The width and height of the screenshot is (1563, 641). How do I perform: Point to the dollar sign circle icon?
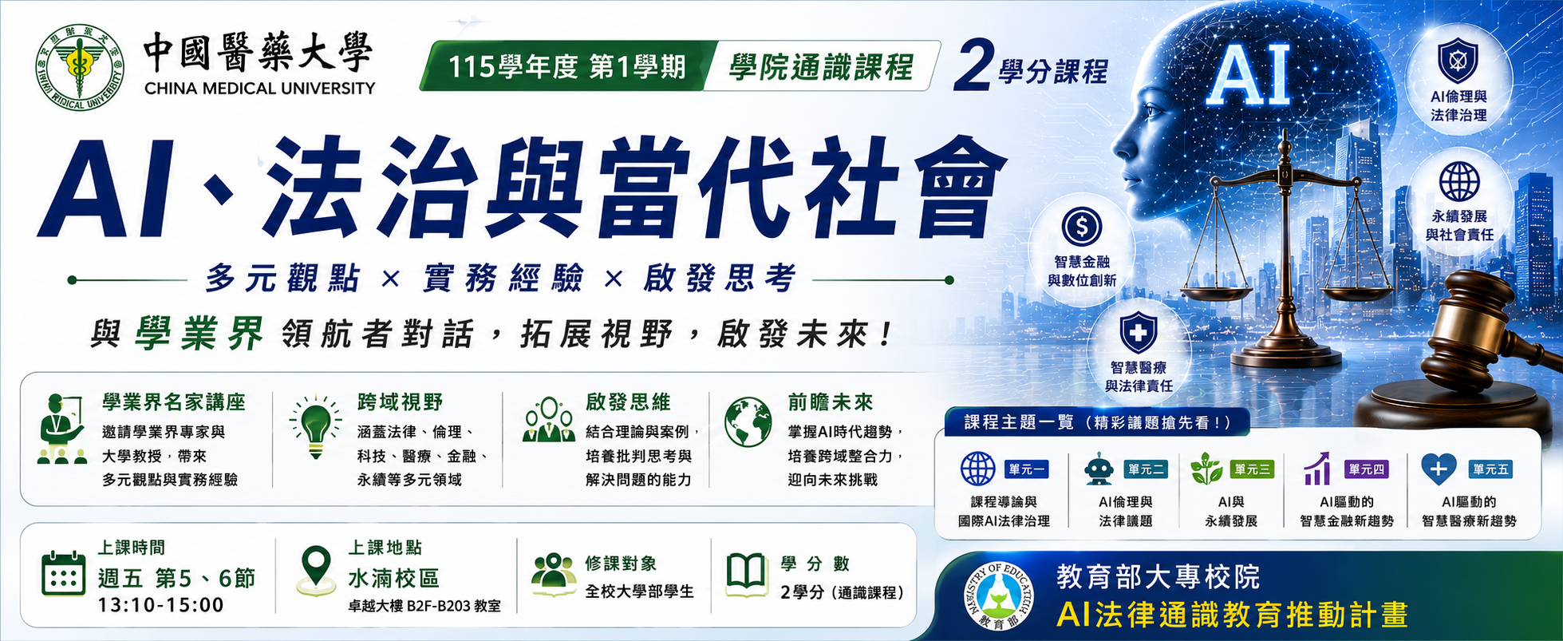[x=1082, y=227]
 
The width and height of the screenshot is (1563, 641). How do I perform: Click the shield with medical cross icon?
[x=1138, y=334]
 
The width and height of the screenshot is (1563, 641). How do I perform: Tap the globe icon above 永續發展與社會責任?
[x=1459, y=181]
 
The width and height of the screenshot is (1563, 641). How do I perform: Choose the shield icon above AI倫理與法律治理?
[x=1458, y=61]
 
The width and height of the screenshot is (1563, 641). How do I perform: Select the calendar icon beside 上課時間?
[x=63, y=573]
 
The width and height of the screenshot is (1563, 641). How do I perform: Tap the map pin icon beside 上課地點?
[x=317, y=570]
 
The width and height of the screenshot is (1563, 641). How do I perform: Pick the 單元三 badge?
[x=1252, y=470]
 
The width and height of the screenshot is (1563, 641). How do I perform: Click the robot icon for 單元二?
[x=1099, y=469]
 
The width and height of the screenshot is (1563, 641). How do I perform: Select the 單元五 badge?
[x=1490, y=469]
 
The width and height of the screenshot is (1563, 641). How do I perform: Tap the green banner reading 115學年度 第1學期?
[x=566, y=66]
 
